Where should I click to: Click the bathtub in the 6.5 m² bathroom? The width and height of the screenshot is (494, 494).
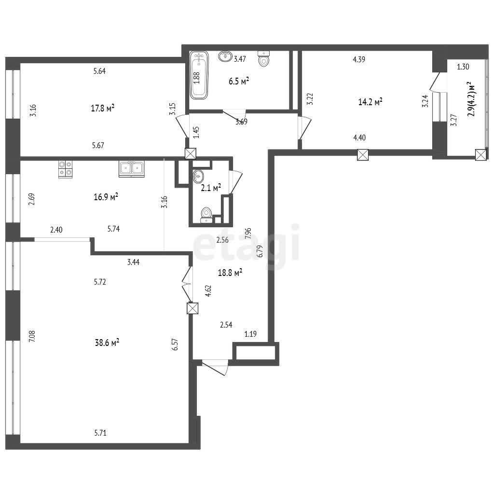199,75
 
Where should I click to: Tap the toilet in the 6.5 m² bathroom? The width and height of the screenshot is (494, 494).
264,58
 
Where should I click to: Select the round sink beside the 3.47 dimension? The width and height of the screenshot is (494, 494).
225,56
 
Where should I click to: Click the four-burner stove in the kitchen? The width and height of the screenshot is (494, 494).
65,169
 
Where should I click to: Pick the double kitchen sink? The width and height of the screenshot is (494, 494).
132,168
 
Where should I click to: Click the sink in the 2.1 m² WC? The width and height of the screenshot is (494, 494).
198,176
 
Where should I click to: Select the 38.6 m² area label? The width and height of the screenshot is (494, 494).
107,342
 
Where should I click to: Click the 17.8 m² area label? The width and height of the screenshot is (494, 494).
102,109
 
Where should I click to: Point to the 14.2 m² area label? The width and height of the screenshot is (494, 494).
370,102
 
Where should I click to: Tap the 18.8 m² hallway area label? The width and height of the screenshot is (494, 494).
230,273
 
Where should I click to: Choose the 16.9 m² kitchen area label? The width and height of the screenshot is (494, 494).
106,197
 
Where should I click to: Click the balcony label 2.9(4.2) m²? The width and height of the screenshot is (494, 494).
471,99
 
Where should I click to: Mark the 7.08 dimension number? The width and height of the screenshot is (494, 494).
32,336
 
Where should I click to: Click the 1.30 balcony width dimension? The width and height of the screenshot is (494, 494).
463,67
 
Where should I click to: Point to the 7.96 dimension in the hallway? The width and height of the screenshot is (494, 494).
248,233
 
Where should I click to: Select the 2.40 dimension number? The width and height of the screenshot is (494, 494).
56,230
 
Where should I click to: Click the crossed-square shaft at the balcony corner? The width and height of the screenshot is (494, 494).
480,155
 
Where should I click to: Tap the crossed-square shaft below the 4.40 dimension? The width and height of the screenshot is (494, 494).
363,155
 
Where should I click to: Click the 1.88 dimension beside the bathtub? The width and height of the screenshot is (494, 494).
197,78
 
